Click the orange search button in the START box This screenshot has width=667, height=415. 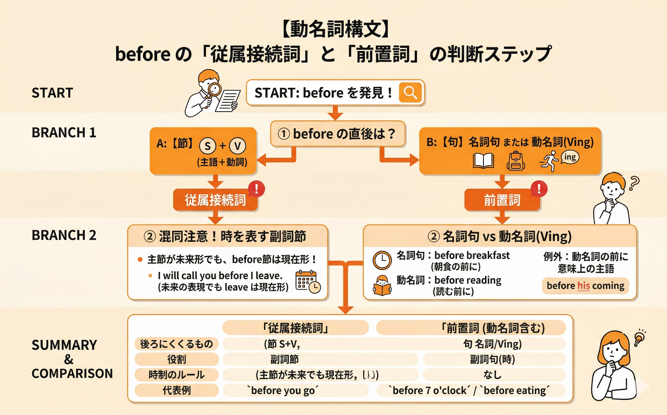(410, 93)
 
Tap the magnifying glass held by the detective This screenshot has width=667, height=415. (214, 89)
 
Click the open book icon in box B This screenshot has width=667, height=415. (483, 160)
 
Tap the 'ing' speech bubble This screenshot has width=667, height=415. (570, 157)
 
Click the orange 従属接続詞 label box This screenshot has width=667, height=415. (215, 200)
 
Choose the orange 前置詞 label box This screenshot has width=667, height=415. (502, 200)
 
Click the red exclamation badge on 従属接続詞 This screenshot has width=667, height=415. (256, 189)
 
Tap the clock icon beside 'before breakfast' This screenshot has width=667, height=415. (382, 260)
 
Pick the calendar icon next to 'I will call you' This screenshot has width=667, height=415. (308, 281)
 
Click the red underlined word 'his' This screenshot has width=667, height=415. (584, 286)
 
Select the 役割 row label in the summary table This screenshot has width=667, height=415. (176, 359)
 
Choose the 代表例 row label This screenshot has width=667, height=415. (176, 390)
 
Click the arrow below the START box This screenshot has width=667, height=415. (335, 113)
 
